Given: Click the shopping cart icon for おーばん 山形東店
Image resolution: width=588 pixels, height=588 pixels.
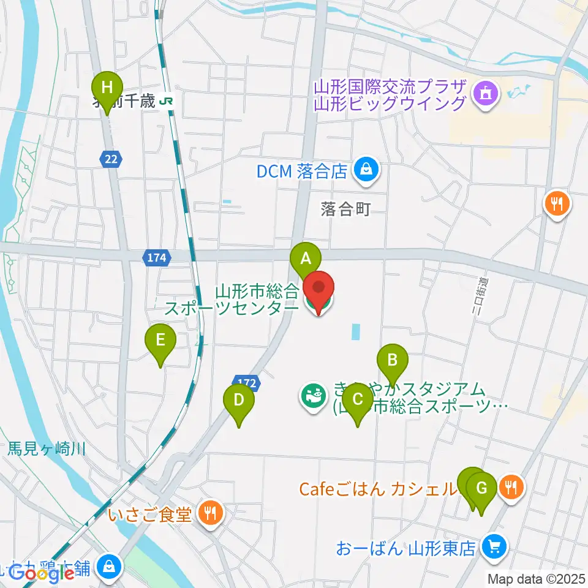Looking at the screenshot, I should (x=493, y=546).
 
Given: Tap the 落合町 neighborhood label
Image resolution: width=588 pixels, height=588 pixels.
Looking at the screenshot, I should (x=345, y=210).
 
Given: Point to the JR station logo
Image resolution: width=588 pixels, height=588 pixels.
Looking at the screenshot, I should (x=166, y=101).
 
